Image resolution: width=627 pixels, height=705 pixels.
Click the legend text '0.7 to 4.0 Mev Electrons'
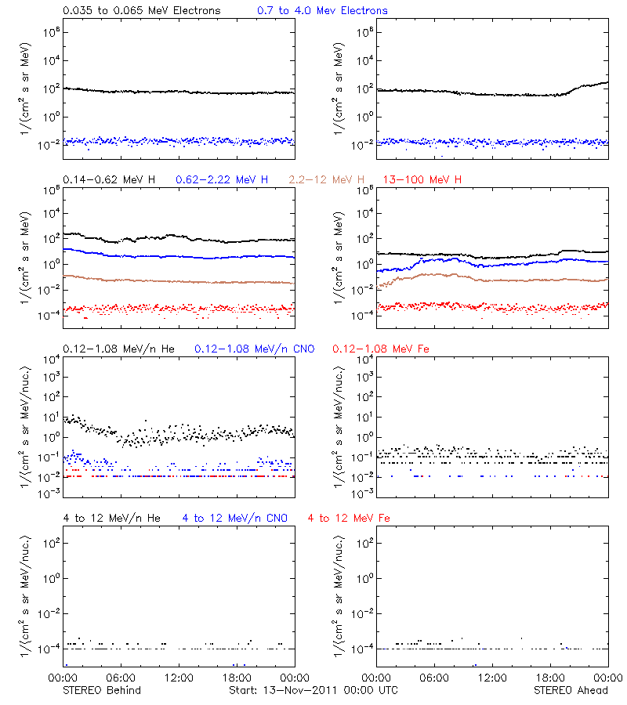pos(322,10)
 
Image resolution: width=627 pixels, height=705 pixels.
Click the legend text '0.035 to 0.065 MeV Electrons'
pos(141,10)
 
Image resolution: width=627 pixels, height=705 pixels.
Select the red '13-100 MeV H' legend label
pos(423,179)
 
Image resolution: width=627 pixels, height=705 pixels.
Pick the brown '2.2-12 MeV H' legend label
pos(328,179)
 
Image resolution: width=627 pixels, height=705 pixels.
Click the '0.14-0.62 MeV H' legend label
pos(109,179)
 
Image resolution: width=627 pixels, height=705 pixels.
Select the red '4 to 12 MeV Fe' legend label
pos(349,518)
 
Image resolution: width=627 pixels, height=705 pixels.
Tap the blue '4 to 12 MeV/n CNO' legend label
pos(235,518)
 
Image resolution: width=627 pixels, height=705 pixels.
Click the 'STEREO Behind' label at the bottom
pos(102,690)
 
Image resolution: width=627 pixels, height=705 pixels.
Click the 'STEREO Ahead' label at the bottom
pos(571,690)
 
